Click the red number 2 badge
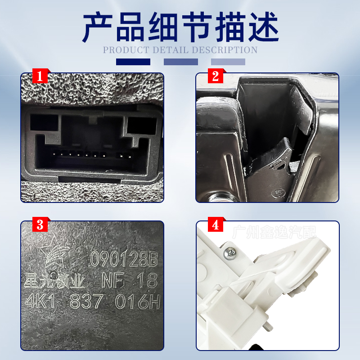[x=215, y=76]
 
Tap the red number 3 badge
[x=40, y=225]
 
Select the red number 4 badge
[x=215, y=225]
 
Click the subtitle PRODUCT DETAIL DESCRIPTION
[x=180, y=50]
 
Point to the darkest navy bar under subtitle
[x=133, y=62]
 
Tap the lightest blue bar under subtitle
[x=228, y=62]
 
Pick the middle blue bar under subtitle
[x=180, y=62]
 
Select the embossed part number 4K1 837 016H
[x=92, y=302]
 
